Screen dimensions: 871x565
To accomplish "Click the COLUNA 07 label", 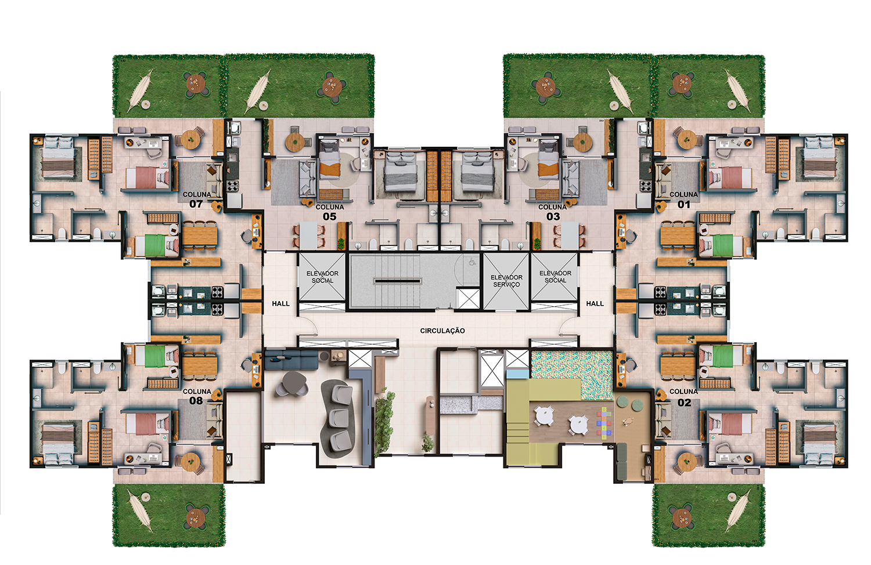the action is point(197,199).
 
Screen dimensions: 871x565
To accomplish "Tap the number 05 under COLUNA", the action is point(329,217).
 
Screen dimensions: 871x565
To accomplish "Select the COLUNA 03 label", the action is point(553,212).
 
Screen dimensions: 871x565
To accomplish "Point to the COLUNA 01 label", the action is point(683,199).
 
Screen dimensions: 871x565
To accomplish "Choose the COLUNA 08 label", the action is point(197,396).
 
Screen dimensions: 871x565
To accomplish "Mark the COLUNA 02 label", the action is point(683,397).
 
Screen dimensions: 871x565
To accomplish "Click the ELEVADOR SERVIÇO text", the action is point(506,281).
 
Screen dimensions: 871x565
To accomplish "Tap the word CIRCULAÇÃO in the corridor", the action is point(442,331).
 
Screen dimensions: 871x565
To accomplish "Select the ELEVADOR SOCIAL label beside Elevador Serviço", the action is point(555,277).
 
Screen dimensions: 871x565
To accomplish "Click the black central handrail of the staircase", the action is point(397,281).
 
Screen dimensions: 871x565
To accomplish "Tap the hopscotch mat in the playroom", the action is point(604,423).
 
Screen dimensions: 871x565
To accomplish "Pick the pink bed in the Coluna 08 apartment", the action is point(147,424).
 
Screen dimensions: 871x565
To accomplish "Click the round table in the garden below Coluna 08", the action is point(196,517).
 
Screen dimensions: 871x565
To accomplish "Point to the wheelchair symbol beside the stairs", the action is point(472,262).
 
